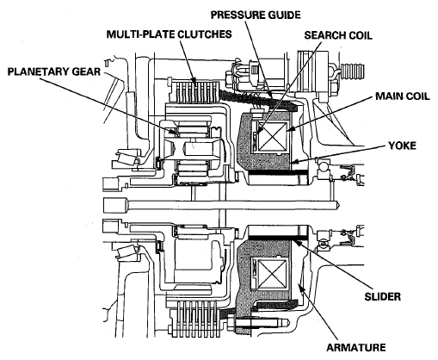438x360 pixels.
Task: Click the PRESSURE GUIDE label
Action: point(256,15)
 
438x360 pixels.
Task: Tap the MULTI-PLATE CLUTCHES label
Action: point(169,34)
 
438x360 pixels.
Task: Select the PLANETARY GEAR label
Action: point(54,71)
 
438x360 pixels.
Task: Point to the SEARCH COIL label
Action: point(338,35)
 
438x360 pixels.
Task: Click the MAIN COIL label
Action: point(403,96)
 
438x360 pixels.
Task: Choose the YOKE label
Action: point(402,146)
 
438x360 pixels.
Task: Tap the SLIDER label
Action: point(382,296)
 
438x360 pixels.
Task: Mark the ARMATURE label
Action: point(356,348)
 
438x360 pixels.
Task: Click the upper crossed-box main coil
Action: point(272,136)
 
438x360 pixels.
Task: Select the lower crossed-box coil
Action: point(272,273)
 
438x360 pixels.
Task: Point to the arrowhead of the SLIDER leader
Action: point(294,243)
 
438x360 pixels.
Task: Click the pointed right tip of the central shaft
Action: point(340,205)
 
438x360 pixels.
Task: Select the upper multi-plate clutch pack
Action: point(195,93)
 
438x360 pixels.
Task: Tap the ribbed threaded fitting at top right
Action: point(353,71)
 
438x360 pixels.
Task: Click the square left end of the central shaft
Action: point(114,205)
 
